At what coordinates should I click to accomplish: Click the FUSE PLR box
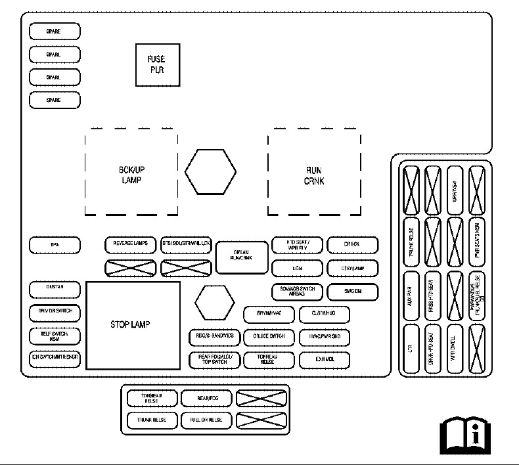click(157, 64)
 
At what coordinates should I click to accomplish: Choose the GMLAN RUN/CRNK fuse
click(242, 256)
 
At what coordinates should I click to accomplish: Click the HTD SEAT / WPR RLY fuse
click(298, 245)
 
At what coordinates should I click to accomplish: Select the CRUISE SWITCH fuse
click(269, 337)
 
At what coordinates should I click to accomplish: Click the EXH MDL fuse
click(325, 360)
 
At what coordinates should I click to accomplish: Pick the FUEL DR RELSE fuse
click(206, 420)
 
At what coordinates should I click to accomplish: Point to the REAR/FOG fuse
click(206, 398)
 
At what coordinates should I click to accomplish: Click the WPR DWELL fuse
click(455, 347)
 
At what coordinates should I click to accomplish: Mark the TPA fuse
click(55, 245)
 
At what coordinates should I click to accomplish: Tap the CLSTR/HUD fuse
click(325, 314)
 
